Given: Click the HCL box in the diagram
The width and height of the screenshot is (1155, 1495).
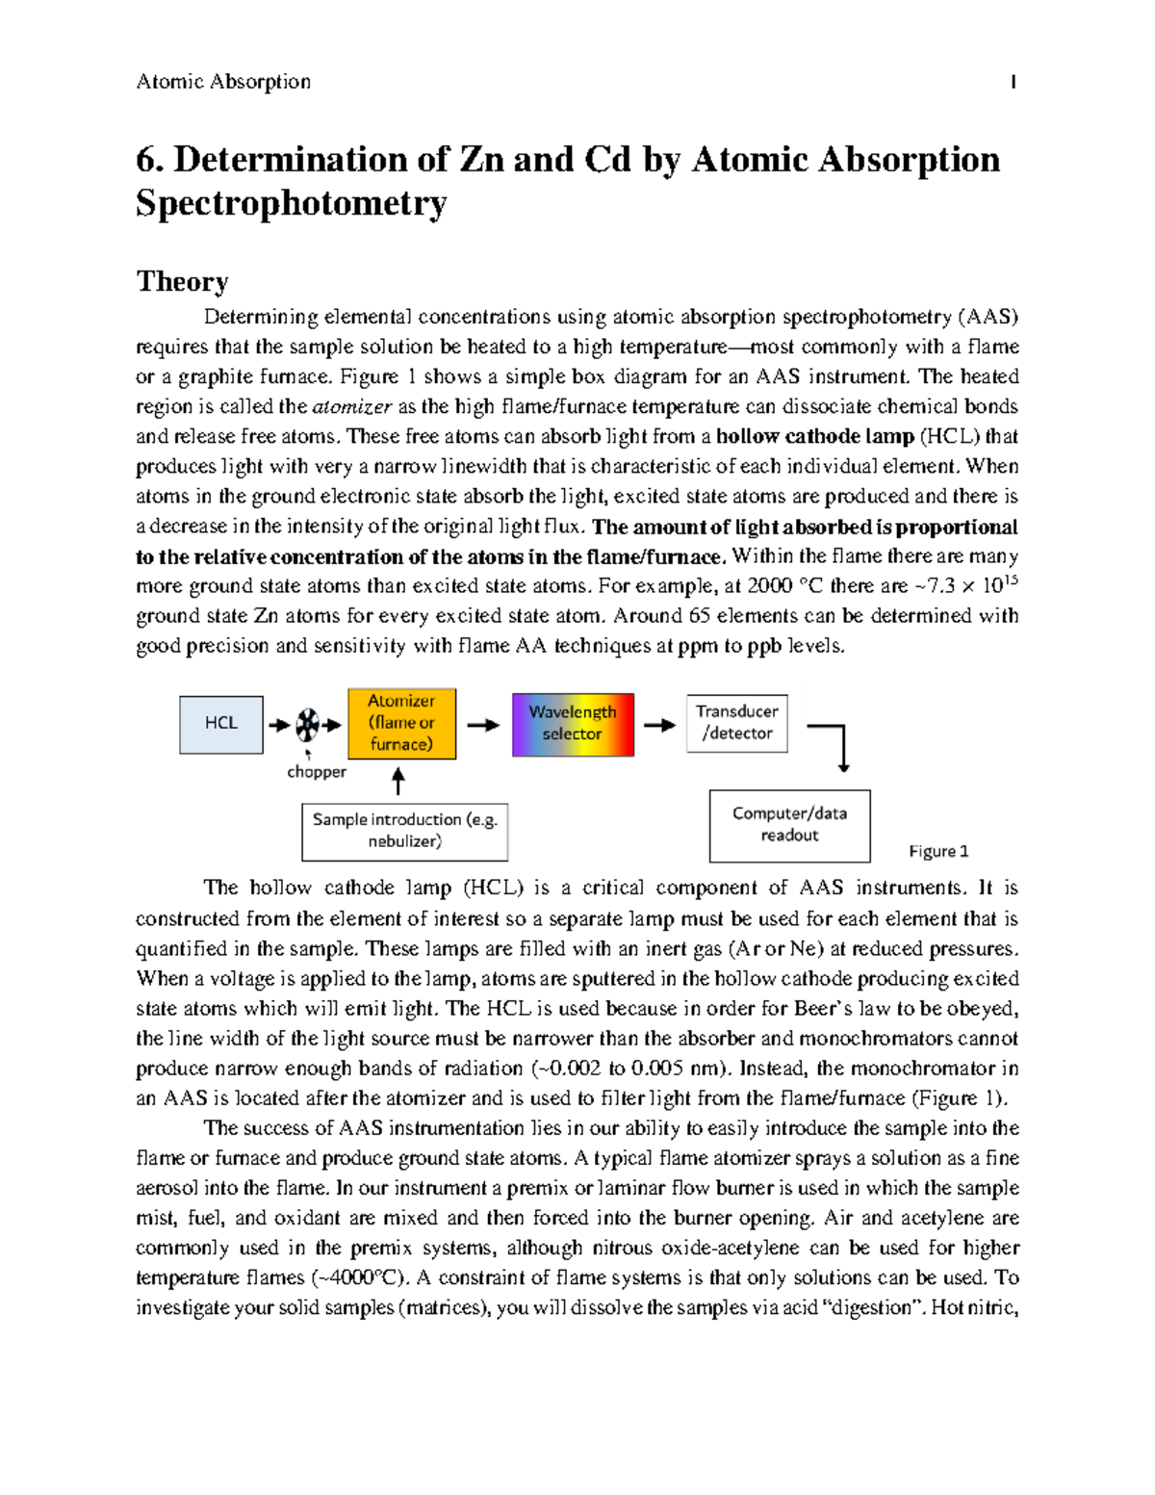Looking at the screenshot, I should click(221, 724).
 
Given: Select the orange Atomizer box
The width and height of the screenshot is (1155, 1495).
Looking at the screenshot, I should click(401, 723).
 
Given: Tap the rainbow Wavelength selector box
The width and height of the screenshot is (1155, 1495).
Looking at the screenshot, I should click(573, 724).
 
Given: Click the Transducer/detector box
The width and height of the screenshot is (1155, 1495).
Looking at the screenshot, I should click(736, 723).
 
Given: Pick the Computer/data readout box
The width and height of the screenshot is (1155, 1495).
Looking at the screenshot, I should click(789, 825).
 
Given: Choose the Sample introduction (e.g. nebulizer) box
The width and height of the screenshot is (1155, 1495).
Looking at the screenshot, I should click(404, 831).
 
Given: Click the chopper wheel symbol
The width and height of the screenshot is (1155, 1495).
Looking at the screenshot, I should click(307, 724).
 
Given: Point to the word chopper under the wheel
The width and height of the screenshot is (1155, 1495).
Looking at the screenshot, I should click(317, 772).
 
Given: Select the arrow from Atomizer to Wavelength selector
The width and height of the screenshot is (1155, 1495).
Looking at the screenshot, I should click(483, 725).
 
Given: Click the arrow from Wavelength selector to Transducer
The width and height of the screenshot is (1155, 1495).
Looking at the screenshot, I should click(659, 725).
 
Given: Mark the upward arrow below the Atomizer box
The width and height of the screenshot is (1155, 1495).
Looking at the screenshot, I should click(398, 780).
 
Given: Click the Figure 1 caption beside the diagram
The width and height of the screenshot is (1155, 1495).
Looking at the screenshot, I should click(938, 851).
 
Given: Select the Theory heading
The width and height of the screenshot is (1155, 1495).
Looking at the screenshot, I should click(182, 281).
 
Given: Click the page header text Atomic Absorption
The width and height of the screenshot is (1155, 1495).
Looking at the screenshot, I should click(223, 82).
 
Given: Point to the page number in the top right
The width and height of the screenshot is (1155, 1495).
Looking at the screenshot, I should click(1013, 82).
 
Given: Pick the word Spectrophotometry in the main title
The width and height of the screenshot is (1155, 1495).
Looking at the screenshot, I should click(291, 203).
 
